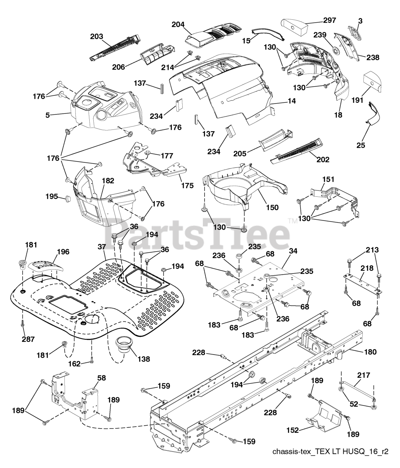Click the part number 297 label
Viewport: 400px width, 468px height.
click(329, 20)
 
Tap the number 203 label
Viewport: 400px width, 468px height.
click(97, 36)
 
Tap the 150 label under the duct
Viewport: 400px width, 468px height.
click(272, 208)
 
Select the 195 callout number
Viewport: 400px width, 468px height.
click(52, 196)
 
